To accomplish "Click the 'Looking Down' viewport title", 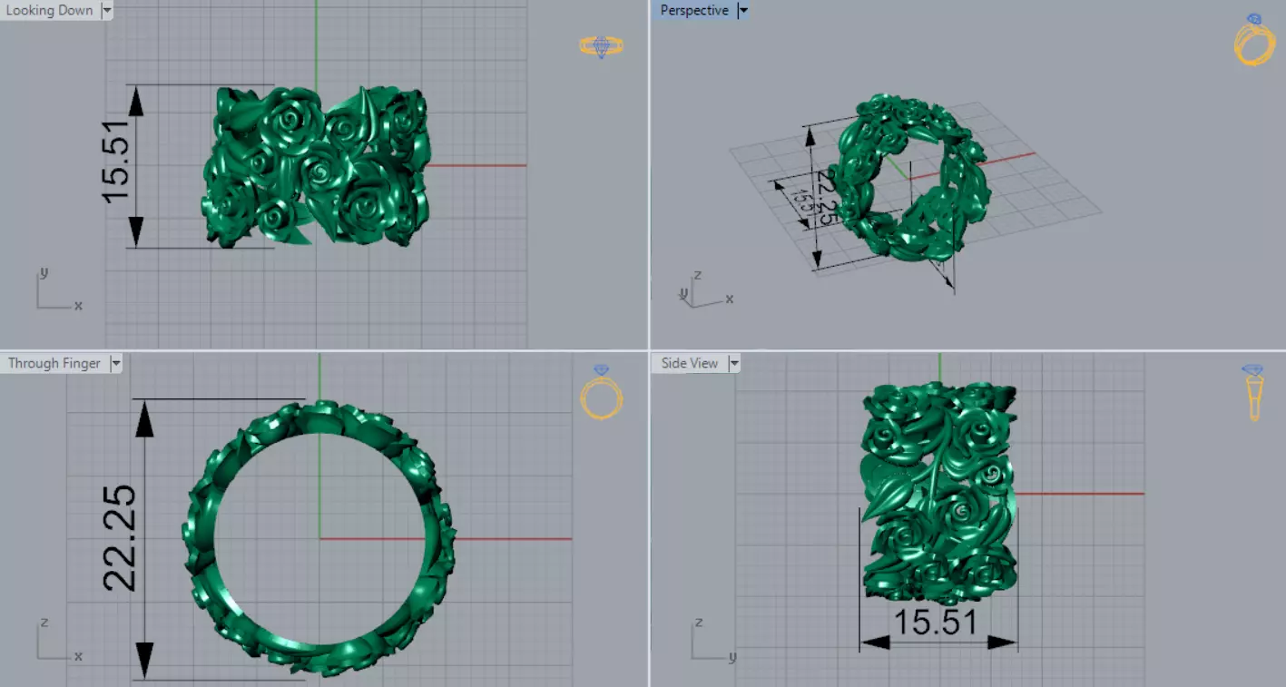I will [x=50, y=10].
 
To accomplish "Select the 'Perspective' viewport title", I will [x=694, y=10].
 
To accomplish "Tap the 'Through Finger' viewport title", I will [x=54, y=363].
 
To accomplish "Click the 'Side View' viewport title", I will [x=690, y=363].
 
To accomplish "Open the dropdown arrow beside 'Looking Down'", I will [x=107, y=10].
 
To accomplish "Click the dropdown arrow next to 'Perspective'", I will [x=742, y=10].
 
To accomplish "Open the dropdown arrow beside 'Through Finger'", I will [x=115, y=363].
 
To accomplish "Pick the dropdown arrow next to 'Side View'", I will [x=733, y=363].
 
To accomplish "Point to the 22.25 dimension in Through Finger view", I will [x=121, y=538].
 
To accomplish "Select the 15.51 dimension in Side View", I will [x=936, y=623].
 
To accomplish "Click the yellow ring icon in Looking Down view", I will [x=601, y=45].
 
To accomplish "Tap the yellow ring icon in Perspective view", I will [x=1254, y=41].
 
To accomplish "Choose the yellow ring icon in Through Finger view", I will [x=602, y=394].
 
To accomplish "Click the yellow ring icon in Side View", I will [x=1253, y=392].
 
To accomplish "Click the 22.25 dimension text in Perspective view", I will [x=825, y=196].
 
